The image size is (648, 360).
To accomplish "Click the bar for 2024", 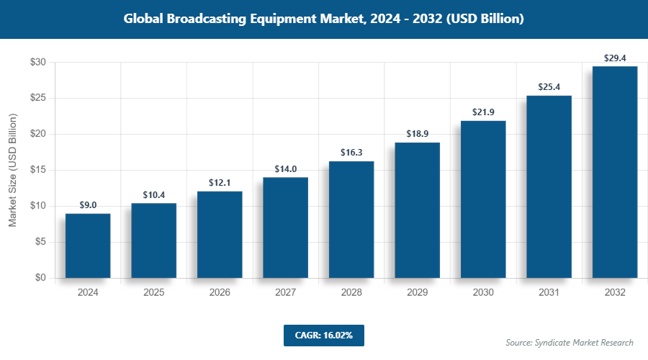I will [88, 246].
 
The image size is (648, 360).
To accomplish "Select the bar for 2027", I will [285, 228].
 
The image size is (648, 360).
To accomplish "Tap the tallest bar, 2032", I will [615, 172].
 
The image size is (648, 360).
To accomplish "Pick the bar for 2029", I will [417, 210].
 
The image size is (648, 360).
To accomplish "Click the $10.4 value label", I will [153, 195].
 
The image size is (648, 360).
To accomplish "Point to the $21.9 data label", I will [483, 112].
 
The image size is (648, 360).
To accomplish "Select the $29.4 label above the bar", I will [615, 58].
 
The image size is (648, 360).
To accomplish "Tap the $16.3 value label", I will [351, 153].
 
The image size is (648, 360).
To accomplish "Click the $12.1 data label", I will [220, 183].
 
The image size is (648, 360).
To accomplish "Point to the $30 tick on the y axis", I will [38, 63].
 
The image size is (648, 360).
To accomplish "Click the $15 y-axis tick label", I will [38, 170].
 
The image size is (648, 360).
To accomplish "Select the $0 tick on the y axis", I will [41, 278].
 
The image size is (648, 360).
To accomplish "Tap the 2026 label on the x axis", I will [220, 293].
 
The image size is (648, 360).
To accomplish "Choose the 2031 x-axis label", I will [549, 293].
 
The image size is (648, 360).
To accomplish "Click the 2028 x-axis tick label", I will [351, 293].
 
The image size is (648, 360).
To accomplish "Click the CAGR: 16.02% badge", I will [323, 335].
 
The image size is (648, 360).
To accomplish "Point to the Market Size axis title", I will [12, 171].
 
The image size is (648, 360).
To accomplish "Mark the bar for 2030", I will [483, 199].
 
